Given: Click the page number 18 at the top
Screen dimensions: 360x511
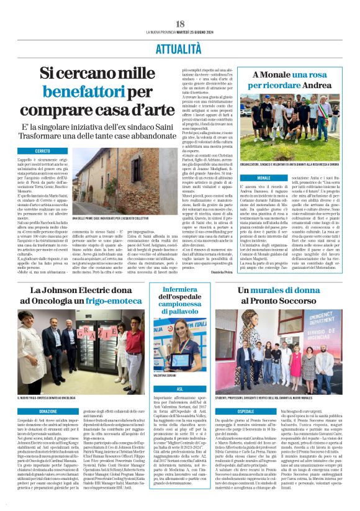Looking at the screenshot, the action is [180, 24].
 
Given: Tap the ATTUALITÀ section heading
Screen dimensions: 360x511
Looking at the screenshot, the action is [180, 47].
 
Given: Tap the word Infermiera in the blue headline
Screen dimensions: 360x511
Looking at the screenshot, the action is [180, 290].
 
